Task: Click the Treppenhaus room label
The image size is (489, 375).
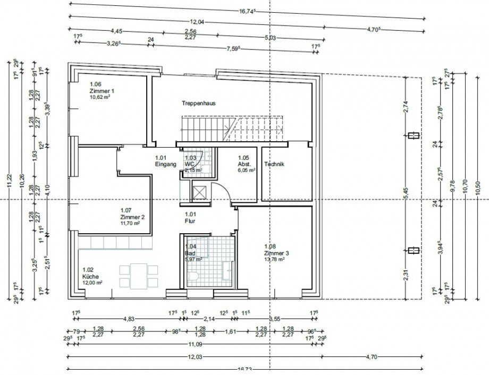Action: pyautogui.click(x=198, y=104)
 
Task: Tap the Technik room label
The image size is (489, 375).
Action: pyautogui.click(x=274, y=164)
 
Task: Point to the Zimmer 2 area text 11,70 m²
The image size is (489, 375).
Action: pyautogui.click(x=130, y=223)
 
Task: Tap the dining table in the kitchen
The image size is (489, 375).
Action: pyautogui.click(x=139, y=276)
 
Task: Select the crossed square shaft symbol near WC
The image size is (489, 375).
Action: pyautogui.click(x=200, y=193)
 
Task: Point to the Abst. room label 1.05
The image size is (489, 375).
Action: pyautogui.click(x=243, y=164)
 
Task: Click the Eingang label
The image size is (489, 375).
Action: pyautogui.click(x=165, y=164)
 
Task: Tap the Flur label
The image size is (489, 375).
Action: pyautogui.click(x=190, y=220)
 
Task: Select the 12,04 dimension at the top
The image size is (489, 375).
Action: pyautogui.click(x=198, y=22)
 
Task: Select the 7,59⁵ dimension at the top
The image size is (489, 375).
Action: pyautogui.click(x=233, y=49)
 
